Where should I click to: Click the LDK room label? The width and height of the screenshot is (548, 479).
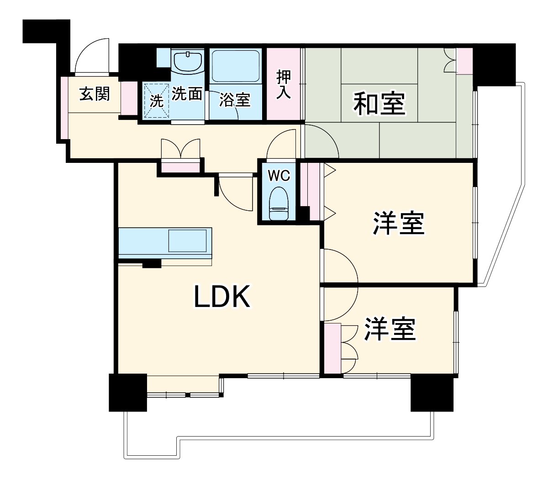tap(222, 297)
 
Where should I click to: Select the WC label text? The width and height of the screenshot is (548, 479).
tap(279, 176)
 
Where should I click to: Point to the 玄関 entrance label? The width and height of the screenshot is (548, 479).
tap(95, 94)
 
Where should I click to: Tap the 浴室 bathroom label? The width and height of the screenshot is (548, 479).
tap(235, 100)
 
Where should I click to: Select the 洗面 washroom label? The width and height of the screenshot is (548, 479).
tap(187, 94)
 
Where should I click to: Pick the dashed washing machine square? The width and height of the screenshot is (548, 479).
tap(156, 100)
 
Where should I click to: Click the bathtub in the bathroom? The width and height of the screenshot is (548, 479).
tap(236, 65)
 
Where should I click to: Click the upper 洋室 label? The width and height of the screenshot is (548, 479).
tap(399, 224)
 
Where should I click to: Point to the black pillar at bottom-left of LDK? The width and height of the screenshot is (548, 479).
tap(127, 392)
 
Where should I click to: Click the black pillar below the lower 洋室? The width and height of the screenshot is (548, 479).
tap(432, 392)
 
